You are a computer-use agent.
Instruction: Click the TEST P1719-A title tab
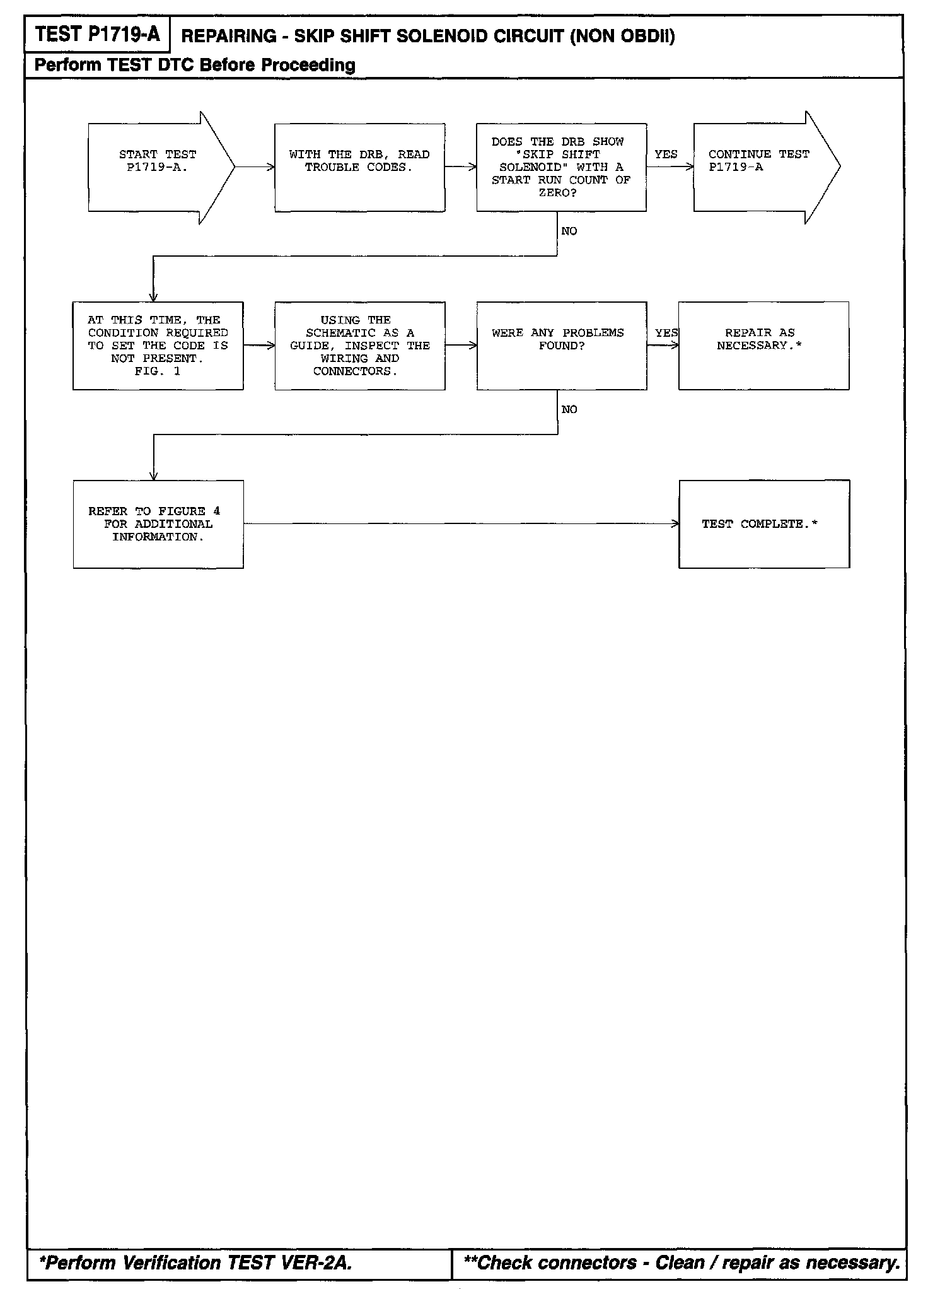click(x=97, y=35)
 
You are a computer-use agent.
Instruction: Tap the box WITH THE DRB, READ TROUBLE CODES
click(x=359, y=167)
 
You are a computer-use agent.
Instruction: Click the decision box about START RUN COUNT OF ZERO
click(x=561, y=167)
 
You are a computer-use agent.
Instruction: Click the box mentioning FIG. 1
click(x=158, y=346)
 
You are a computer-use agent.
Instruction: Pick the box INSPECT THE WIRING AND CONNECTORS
click(x=359, y=346)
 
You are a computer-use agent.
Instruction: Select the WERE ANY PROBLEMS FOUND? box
click(x=561, y=346)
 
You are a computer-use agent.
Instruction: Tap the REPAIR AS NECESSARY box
click(x=763, y=346)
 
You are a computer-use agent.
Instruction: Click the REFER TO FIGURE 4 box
click(x=158, y=524)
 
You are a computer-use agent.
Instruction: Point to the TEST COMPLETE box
click(x=763, y=524)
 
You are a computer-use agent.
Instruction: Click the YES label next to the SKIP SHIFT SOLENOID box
click(x=666, y=155)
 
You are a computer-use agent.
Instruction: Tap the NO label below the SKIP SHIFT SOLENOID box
click(x=569, y=231)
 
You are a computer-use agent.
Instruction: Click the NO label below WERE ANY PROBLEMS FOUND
click(x=569, y=410)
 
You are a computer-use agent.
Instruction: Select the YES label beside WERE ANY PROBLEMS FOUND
click(x=666, y=333)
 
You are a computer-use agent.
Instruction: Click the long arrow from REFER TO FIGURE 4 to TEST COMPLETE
click(x=460, y=523)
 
